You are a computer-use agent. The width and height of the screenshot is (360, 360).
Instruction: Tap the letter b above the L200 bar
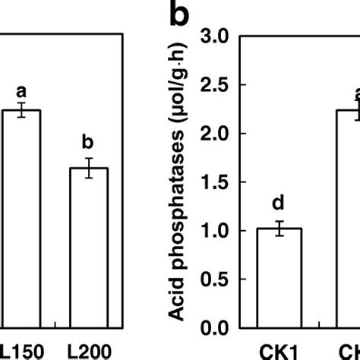click(89, 142)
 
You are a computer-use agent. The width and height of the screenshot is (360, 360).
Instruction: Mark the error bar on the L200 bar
click(89, 168)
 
